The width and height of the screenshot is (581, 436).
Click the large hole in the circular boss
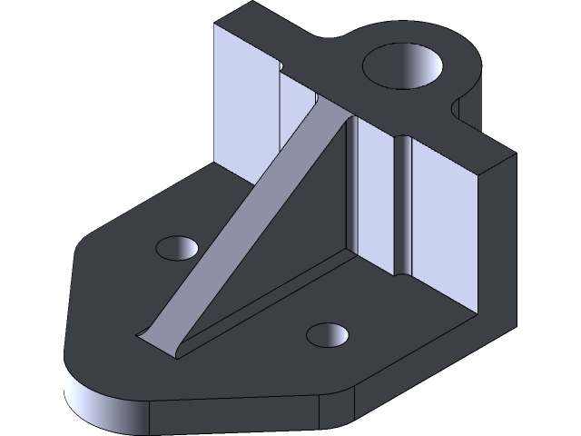click(x=404, y=68)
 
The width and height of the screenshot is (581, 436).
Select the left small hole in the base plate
click(x=177, y=246)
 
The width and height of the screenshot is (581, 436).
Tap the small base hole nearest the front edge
click(x=329, y=334)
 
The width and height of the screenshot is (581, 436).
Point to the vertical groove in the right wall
click(x=402, y=204)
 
